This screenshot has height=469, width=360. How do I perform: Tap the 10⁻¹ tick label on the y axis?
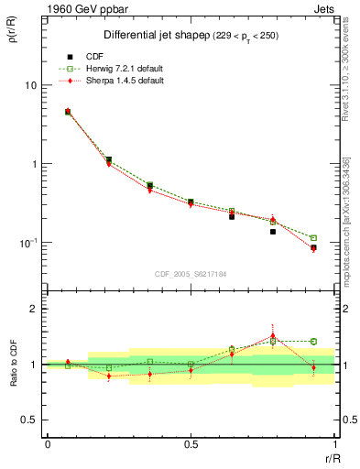(27, 243)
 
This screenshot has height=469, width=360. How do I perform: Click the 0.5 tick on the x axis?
(191, 444)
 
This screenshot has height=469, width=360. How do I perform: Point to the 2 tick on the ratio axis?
(32, 310)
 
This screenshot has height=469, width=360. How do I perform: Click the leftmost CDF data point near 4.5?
(68, 112)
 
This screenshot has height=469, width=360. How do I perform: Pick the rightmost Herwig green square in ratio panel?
(313, 342)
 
